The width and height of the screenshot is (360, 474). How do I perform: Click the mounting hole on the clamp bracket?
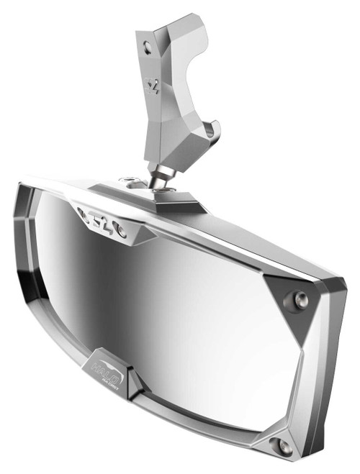tap(148, 46)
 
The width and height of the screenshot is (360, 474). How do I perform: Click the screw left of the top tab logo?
tap(81, 211)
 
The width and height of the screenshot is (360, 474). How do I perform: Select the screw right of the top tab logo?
tap(123, 232)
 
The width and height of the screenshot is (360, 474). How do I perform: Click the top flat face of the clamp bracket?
tap(176, 22)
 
